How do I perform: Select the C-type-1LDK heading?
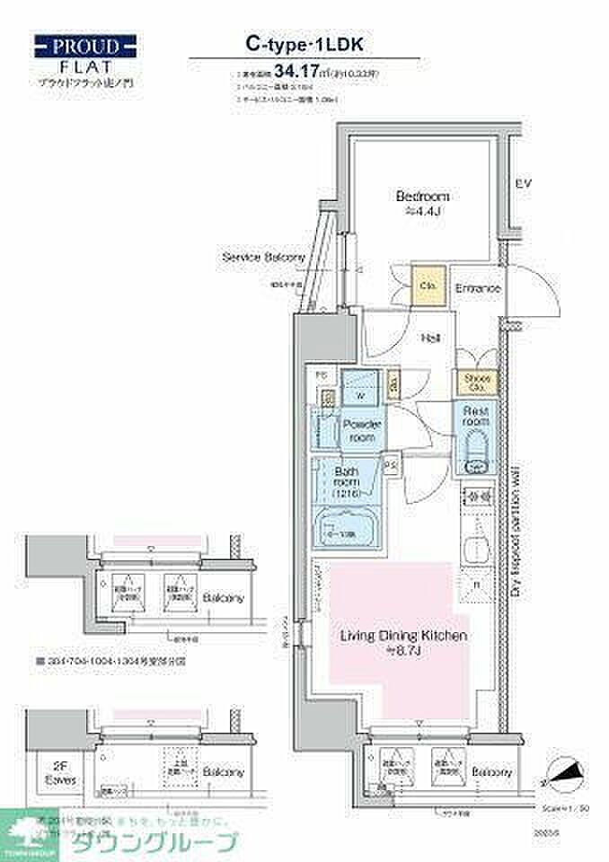tap(304, 42)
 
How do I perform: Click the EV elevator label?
tap(524, 184)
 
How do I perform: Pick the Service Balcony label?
tap(264, 258)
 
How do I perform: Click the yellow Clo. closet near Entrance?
tap(427, 286)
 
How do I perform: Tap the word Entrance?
tap(478, 288)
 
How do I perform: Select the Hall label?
tap(431, 339)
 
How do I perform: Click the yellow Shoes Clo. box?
tap(477, 383)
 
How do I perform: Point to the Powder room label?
tap(362, 430)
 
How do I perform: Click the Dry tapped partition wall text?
tap(518, 530)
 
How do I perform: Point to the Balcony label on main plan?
tap(493, 772)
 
